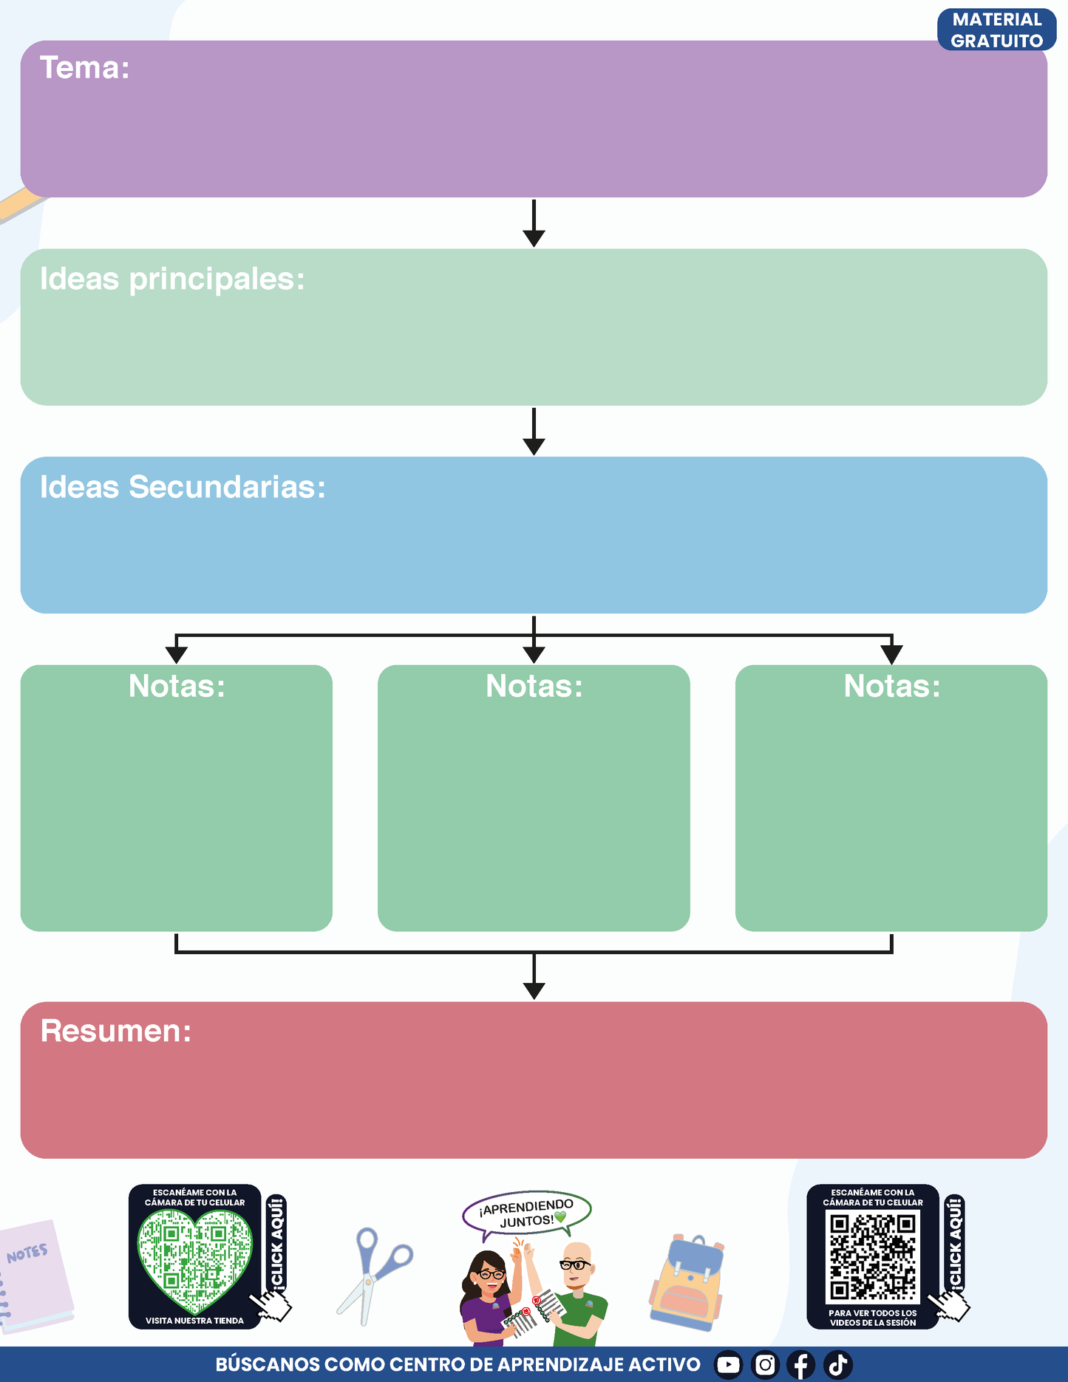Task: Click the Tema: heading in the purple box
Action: pos(85,68)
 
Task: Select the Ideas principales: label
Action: pos(172,280)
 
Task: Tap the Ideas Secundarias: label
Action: pos(183,487)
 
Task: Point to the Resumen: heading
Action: pos(116,1031)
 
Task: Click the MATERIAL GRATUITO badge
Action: pos(996,30)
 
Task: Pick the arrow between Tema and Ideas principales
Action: pos(534,222)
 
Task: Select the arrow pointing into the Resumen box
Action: pos(534,976)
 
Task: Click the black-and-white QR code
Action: pos(872,1257)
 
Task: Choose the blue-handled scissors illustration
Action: pos(374,1275)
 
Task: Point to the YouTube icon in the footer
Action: pos(728,1364)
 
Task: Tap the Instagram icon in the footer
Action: pos(765,1364)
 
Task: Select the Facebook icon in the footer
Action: pos(801,1364)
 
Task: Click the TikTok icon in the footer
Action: pos(838,1364)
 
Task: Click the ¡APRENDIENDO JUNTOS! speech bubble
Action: pos(527,1214)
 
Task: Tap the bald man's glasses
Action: pos(574,1264)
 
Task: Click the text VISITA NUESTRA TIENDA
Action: pos(194,1321)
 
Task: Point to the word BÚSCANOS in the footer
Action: pos(267,1364)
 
